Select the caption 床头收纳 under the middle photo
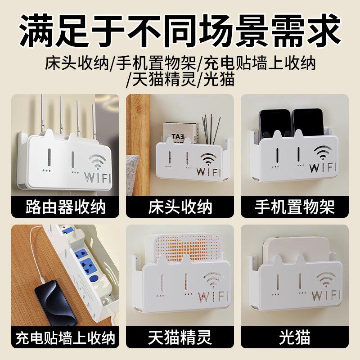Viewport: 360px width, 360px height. (x=180, y=207)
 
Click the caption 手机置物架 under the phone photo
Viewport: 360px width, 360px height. (x=295, y=207)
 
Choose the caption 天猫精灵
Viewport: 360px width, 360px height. (x=180, y=337)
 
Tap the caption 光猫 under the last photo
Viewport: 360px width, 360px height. (x=295, y=337)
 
